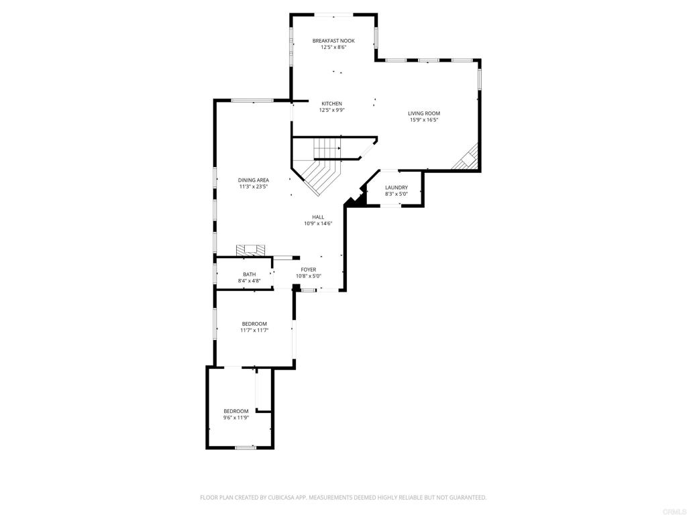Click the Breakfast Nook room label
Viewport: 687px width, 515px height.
pos(333,41)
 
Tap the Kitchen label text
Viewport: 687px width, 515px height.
pos(331,104)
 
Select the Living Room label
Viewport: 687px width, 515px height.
pos(424,113)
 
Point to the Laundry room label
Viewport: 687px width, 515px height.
pos(397,188)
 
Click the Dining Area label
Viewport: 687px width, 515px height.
pos(254,180)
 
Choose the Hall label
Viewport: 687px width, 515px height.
pos(318,217)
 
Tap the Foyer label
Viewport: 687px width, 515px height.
pos(309,270)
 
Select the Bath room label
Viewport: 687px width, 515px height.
pos(249,274)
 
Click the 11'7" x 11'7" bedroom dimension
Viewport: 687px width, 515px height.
pos(254,330)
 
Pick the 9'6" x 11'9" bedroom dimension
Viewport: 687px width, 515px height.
pos(236,418)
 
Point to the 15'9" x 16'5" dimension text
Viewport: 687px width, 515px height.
pos(424,121)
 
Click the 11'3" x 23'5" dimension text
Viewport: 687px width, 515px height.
pos(254,187)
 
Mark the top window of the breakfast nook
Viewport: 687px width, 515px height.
pos(333,14)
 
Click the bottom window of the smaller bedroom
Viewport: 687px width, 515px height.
pos(246,447)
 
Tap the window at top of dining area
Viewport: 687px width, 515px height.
pos(252,101)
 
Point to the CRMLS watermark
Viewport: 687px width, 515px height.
pos(674,509)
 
